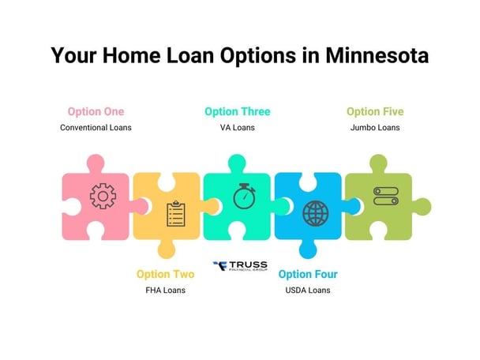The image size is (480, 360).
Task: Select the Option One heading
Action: tap(96, 111)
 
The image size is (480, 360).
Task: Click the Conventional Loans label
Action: tap(96, 127)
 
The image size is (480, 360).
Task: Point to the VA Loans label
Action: tap(238, 127)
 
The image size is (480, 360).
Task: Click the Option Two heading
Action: tap(165, 274)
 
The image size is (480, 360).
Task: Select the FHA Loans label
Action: tap(165, 290)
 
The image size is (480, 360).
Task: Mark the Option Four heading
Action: tap(308, 274)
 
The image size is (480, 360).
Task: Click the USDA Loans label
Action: tap(308, 290)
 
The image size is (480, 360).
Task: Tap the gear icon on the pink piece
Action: tap(103, 195)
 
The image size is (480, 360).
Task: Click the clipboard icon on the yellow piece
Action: tap(175, 213)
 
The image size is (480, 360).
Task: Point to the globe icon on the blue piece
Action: tap(315, 213)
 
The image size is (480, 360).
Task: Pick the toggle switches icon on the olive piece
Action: tap(384, 195)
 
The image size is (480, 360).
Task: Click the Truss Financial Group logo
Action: tap(241, 266)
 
